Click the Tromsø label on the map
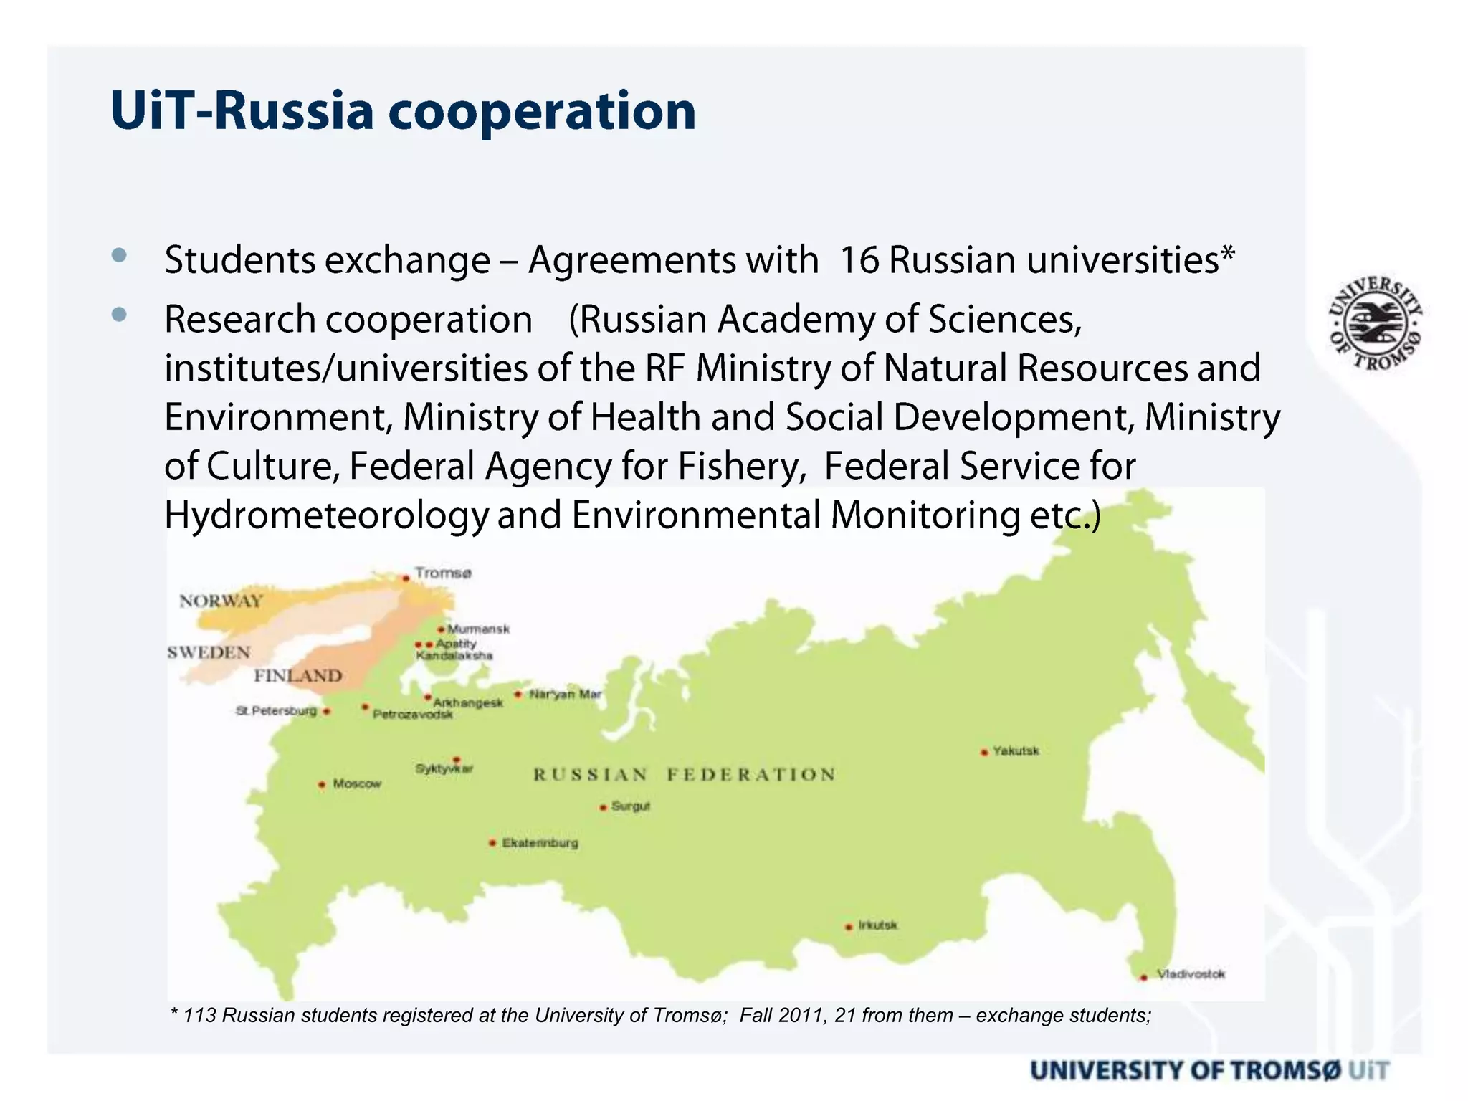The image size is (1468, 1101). click(x=443, y=573)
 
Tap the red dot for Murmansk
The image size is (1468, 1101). click(x=442, y=629)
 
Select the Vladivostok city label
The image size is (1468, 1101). click(x=1191, y=973)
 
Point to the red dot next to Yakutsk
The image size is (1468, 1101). click(x=984, y=752)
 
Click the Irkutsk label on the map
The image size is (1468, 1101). click(x=877, y=925)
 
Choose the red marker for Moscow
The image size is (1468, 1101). click(x=322, y=785)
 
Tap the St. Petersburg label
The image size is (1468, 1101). click(x=276, y=710)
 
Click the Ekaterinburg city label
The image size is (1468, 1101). click(x=540, y=842)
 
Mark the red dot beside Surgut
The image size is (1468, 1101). click(x=603, y=808)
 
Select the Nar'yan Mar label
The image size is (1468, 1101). click(x=565, y=694)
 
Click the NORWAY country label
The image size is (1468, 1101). click(x=221, y=601)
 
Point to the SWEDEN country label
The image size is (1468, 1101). click(x=209, y=652)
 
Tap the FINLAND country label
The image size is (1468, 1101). click(x=297, y=675)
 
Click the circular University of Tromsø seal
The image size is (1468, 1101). click(x=1375, y=323)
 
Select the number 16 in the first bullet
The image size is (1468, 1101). click(x=858, y=259)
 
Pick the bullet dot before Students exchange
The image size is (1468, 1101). click(x=119, y=254)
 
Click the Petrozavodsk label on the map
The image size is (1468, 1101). click(x=412, y=715)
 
